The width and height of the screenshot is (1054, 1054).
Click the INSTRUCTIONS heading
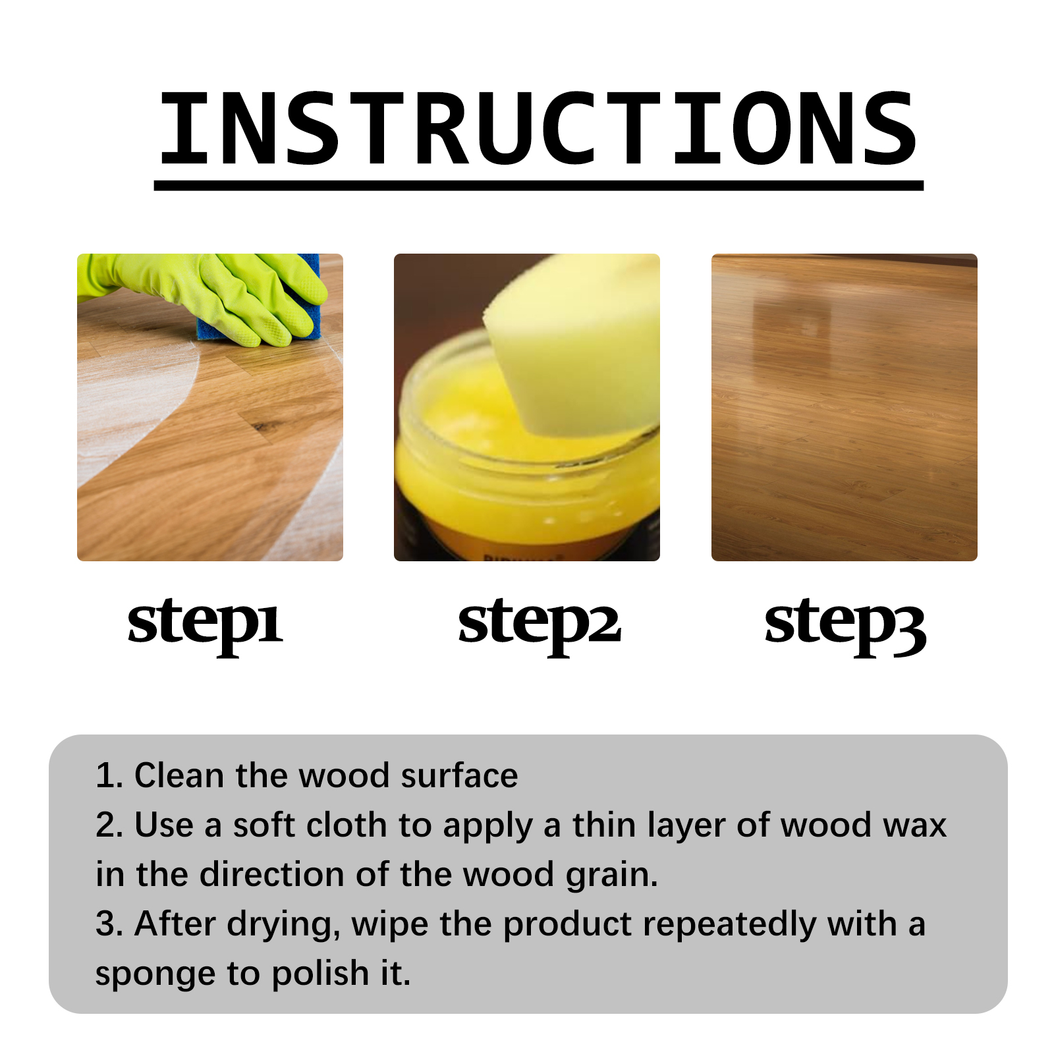tap(538, 128)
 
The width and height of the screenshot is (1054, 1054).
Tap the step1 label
tap(205, 623)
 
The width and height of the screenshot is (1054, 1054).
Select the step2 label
tap(540, 623)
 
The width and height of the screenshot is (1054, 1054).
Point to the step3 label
tap(845, 623)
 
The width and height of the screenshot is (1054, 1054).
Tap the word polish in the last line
tap(321, 974)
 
